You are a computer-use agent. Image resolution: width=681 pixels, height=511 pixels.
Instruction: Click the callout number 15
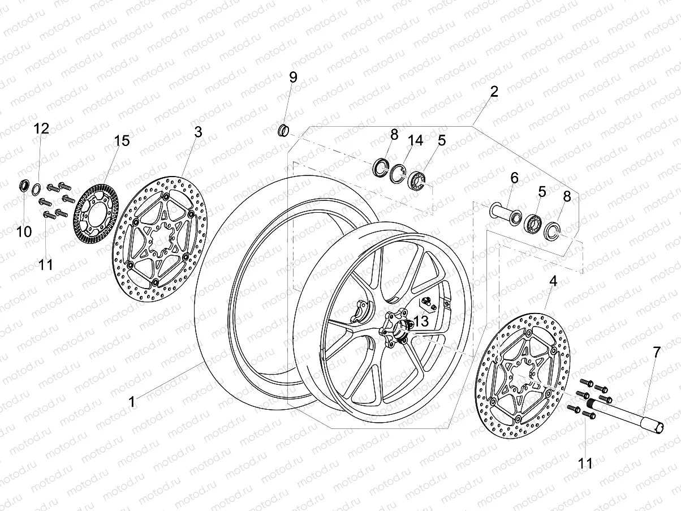click(122, 141)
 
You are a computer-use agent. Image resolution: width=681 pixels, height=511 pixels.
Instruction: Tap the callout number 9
click(292, 78)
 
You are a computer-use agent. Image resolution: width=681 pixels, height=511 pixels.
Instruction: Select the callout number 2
click(494, 92)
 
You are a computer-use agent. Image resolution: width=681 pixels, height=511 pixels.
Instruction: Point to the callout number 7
click(656, 352)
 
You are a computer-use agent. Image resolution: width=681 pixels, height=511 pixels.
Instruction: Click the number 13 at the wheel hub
click(421, 321)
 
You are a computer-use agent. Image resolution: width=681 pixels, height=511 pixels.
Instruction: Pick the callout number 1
click(132, 402)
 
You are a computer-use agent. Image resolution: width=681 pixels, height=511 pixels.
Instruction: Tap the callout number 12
click(41, 128)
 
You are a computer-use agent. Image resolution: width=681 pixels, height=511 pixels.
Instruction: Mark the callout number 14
click(415, 140)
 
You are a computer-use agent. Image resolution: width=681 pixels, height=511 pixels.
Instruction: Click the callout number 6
click(514, 178)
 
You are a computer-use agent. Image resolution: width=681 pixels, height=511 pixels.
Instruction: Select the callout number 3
click(198, 132)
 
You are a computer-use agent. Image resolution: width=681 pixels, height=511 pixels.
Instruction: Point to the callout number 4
click(553, 280)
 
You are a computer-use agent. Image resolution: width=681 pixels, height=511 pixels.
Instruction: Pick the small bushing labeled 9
click(282, 131)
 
